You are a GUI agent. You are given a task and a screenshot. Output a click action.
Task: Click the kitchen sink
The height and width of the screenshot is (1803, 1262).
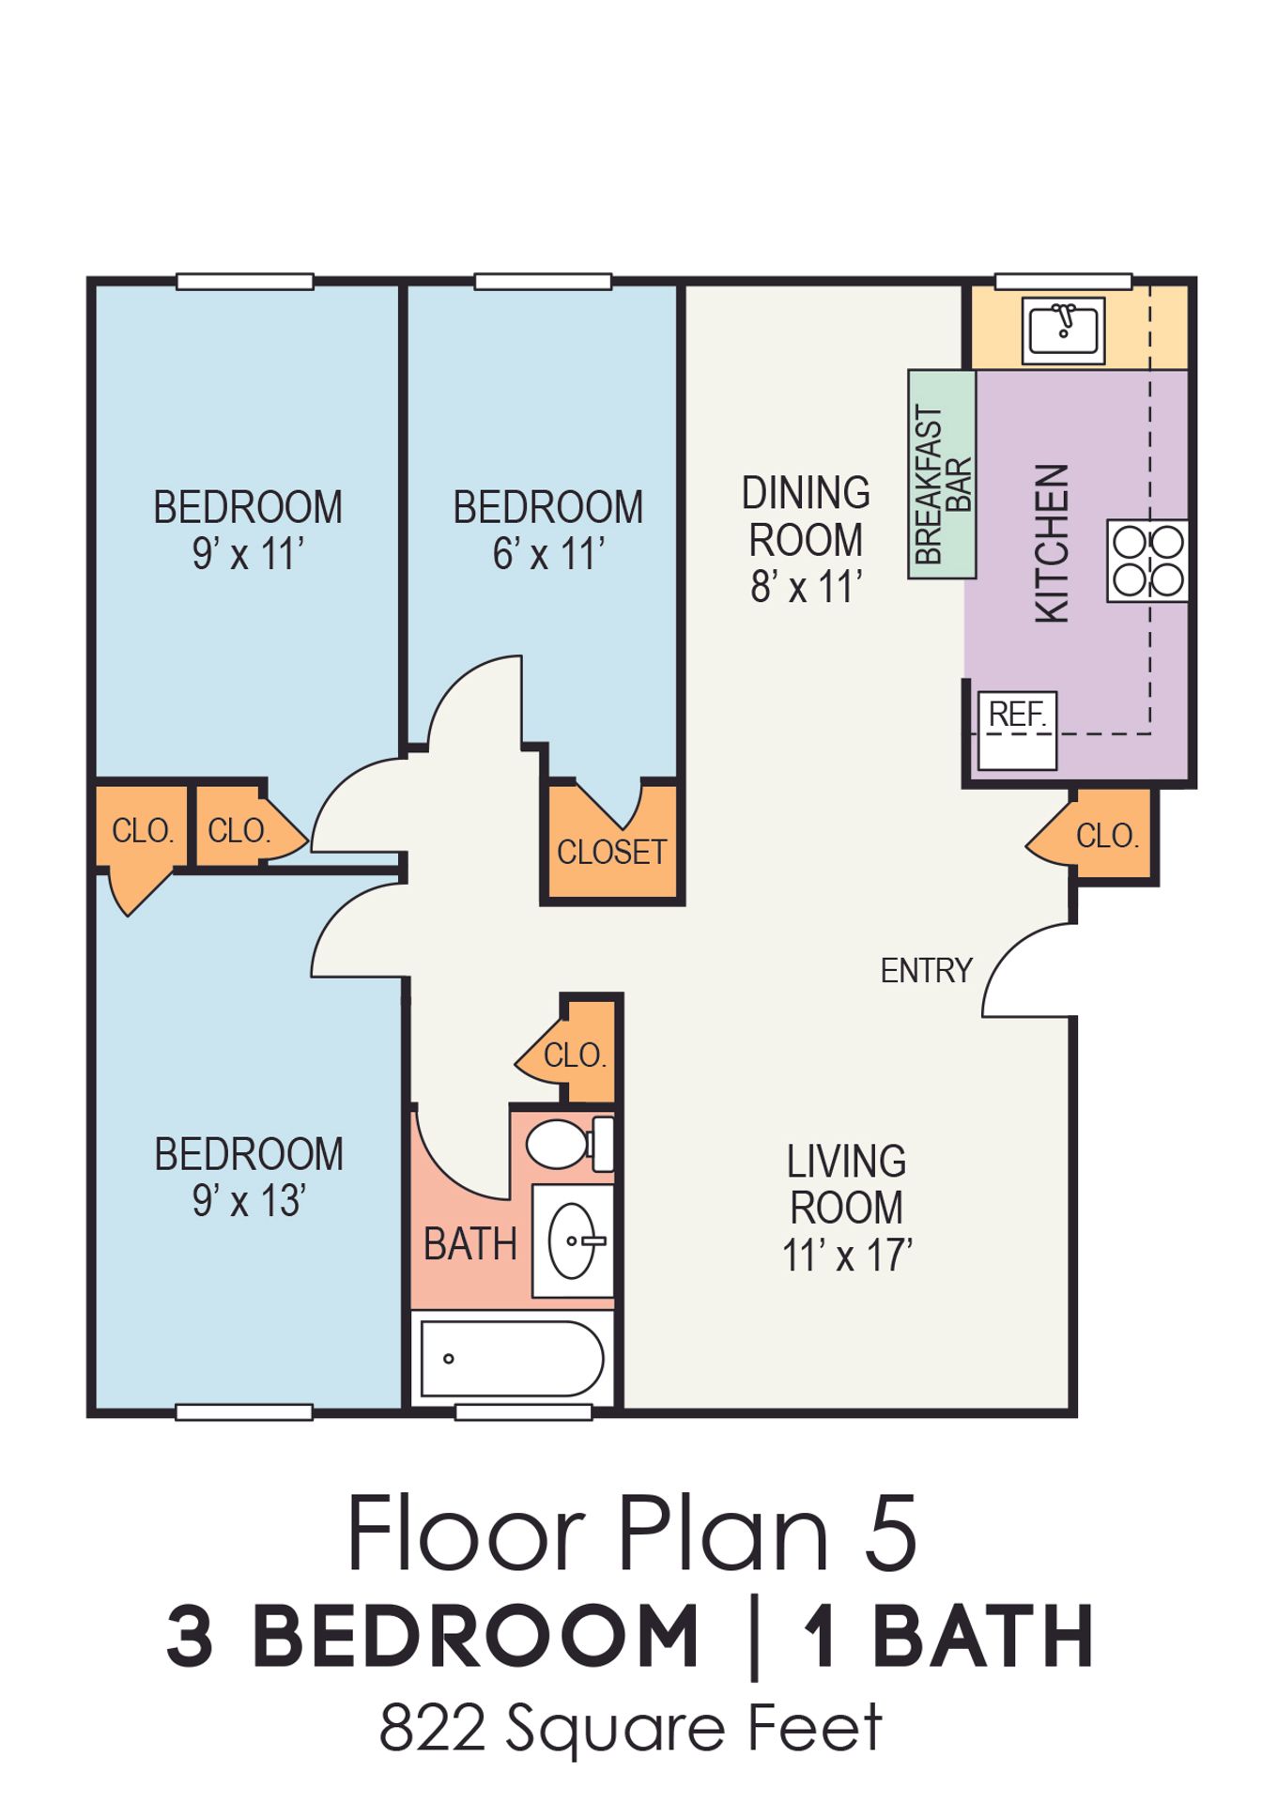click(1062, 331)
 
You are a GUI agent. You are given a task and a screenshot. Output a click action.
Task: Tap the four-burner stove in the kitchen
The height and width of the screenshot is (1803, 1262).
click(1147, 561)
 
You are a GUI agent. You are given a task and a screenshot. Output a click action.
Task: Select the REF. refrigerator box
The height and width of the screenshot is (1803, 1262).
click(1017, 731)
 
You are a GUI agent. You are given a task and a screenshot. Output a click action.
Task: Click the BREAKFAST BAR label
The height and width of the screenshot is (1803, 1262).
click(943, 484)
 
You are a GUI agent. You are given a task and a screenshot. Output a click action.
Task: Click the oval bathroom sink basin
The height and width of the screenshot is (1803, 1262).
click(572, 1241)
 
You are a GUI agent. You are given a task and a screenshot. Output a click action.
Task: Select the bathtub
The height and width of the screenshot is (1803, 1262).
click(512, 1359)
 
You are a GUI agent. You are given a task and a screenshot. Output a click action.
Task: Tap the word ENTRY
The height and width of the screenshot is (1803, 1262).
click(926, 970)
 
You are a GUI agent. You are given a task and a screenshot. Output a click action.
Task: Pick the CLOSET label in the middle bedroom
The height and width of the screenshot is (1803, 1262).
click(611, 852)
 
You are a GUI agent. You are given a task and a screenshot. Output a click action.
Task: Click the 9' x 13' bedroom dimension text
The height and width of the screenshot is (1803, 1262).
click(248, 1201)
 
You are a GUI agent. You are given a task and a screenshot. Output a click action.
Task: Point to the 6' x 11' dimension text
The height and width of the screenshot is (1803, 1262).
click(548, 554)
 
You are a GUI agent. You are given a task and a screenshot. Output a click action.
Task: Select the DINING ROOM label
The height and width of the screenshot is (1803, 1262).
click(806, 516)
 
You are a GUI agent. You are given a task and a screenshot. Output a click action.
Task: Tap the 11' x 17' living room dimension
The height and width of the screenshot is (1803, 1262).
click(847, 1255)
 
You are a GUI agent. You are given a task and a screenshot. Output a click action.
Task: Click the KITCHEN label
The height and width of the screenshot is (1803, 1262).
click(1052, 543)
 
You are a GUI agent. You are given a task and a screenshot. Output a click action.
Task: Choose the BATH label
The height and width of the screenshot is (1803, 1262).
click(470, 1244)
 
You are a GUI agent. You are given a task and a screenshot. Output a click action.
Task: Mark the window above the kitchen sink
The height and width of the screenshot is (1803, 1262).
click(1063, 281)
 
